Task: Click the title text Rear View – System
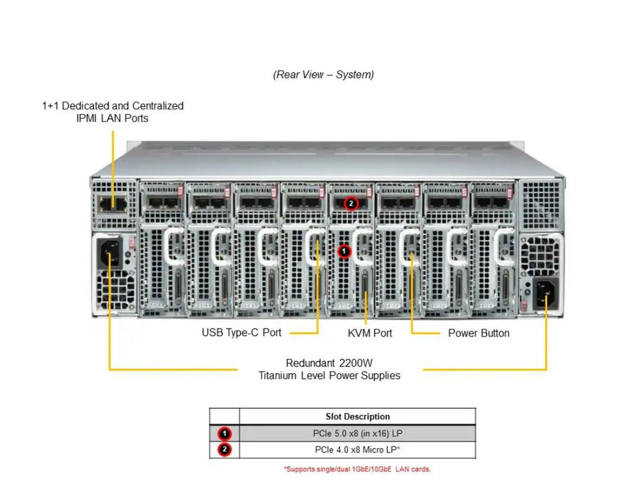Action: click(323, 75)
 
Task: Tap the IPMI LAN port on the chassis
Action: click(113, 203)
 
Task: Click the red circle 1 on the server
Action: click(345, 251)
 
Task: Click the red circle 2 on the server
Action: click(351, 203)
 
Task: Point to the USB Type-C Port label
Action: click(241, 333)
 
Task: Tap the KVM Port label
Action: click(370, 333)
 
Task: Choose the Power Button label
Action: click(479, 333)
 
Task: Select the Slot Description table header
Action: click(357, 417)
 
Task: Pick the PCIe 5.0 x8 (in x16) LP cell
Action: click(357, 433)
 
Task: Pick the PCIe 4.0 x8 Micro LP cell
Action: click(357, 449)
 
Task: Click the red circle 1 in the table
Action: click(224, 433)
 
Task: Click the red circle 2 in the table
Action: click(224, 449)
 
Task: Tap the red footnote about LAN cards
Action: click(357, 469)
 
